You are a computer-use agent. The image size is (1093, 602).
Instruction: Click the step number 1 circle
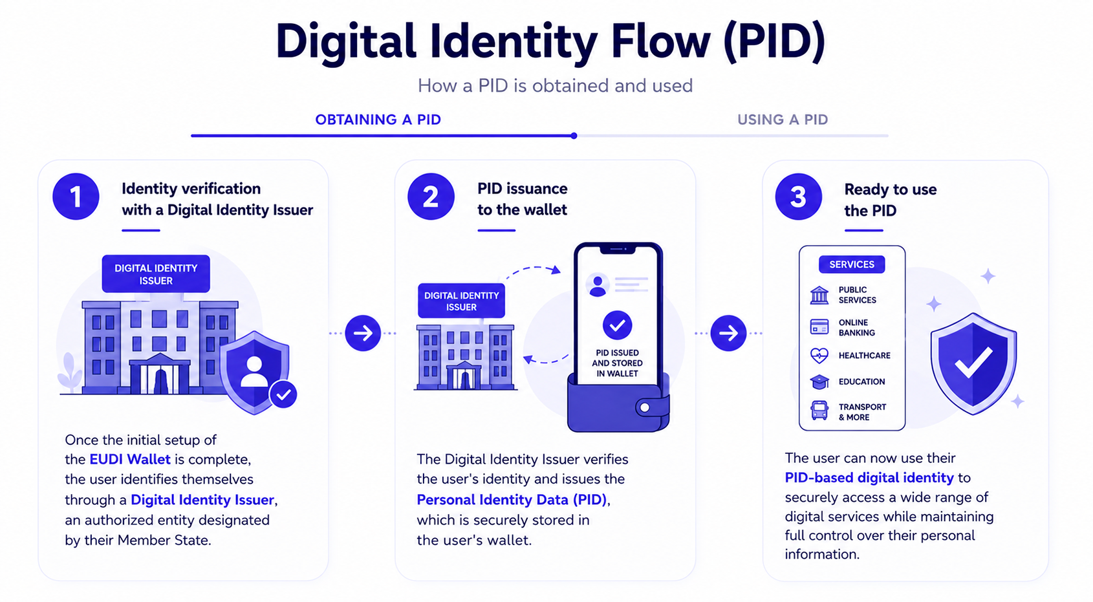[x=76, y=197]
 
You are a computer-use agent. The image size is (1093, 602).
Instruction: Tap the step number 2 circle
[x=431, y=197]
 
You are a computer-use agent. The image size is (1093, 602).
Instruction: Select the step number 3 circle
[x=798, y=197]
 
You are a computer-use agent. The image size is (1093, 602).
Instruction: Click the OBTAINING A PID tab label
[x=378, y=120]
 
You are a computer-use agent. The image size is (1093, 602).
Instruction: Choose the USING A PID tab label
[x=783, y=120]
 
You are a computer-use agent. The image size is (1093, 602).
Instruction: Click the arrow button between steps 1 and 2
[x=363, y=333]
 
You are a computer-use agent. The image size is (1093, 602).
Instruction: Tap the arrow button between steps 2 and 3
[x=728, y=333]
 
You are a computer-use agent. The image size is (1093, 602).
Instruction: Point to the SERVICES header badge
[x=852, y=264]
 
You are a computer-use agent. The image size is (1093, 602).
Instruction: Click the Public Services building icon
[x=819, y=295]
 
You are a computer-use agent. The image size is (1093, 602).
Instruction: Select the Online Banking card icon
[x=819, y=327]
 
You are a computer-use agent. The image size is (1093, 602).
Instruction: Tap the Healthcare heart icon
[x=819, y=355]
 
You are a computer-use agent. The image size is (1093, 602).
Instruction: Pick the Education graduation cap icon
[x=819, y=382]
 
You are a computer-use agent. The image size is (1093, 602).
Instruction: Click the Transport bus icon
[x=819, y=411]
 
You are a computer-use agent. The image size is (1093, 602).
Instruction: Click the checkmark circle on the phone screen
[x=617, y=325]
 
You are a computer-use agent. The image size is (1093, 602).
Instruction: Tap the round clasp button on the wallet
[x=645, y=407]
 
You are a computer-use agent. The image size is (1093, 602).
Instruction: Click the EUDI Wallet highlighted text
[x=130, y=459]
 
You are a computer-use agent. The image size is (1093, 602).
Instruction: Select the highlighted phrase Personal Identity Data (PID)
[x=512, y=500]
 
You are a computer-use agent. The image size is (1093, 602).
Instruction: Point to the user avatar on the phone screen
[x=597, y=285]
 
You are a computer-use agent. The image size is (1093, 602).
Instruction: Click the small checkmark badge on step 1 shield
[x=283, y=394]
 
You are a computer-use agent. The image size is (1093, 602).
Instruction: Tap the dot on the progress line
[x=574, y=136]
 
